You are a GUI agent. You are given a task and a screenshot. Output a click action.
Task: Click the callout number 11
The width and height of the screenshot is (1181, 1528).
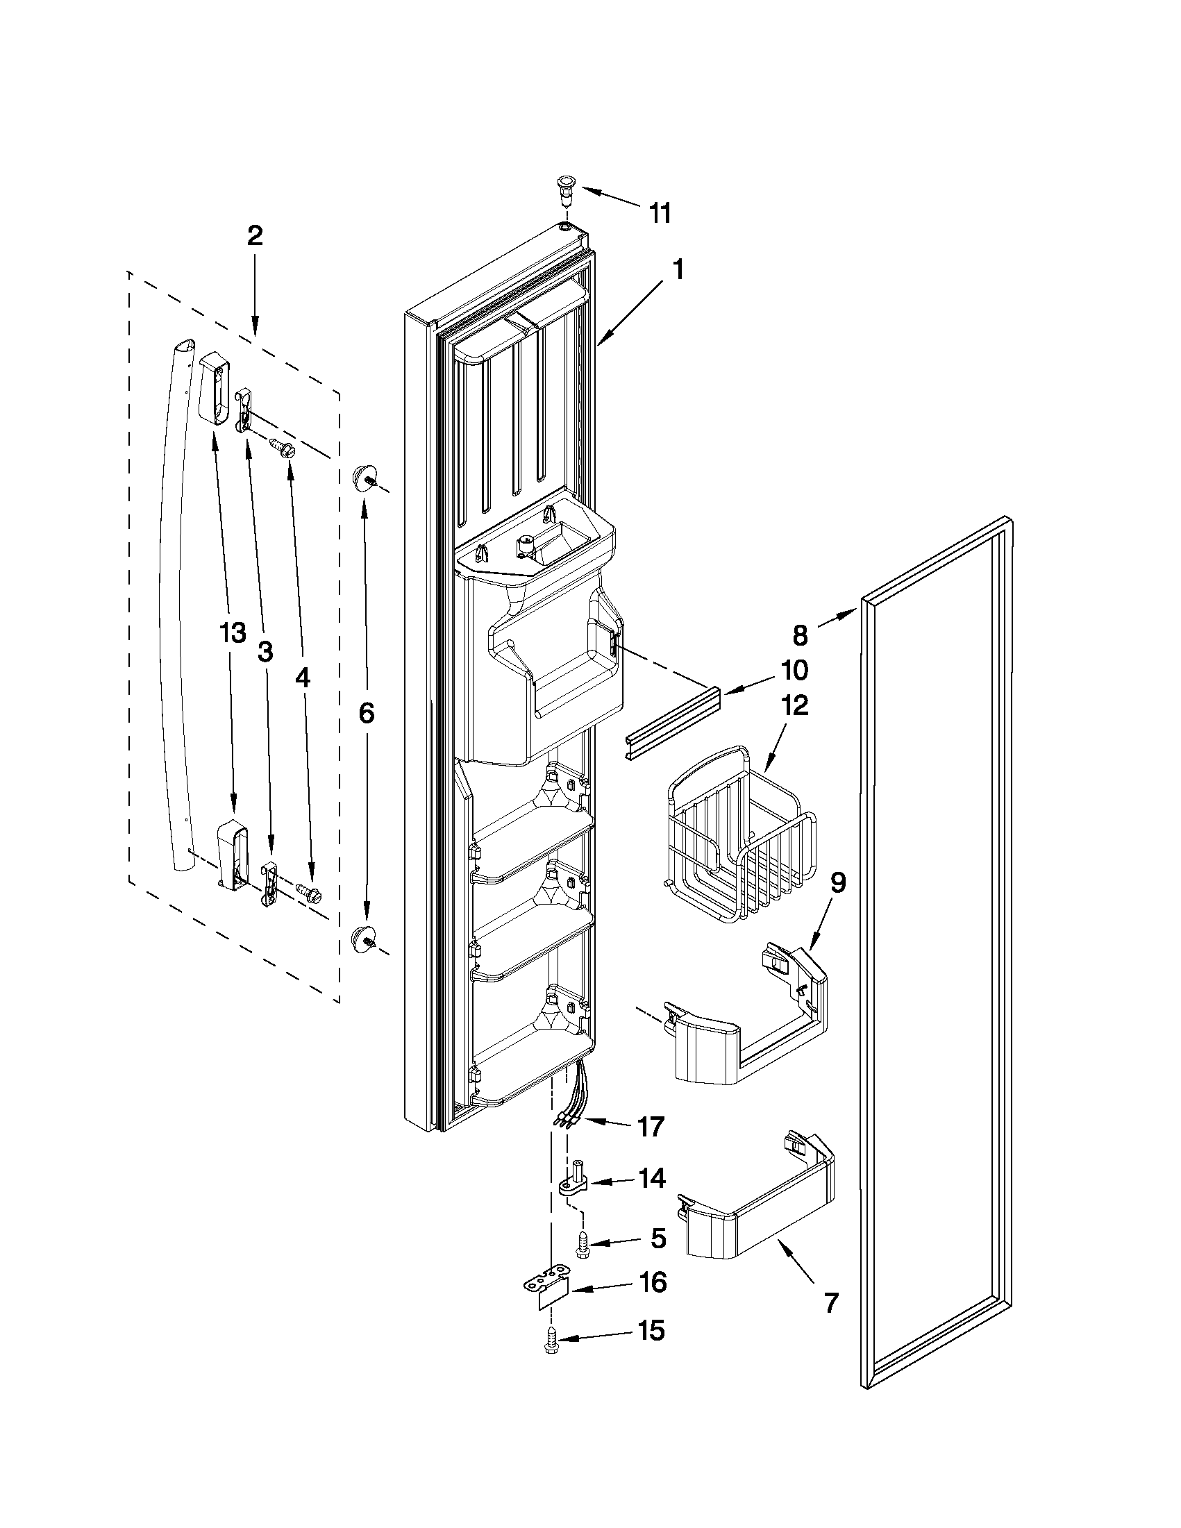[660, 212]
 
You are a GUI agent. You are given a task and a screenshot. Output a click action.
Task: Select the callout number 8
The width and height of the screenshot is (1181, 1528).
[801, 635]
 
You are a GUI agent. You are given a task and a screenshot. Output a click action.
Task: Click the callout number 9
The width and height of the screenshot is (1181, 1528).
[837, 883]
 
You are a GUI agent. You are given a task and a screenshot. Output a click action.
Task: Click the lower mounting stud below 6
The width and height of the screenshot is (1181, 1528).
[363, 937]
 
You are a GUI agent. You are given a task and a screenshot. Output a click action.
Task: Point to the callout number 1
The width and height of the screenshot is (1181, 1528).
[678, 270]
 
